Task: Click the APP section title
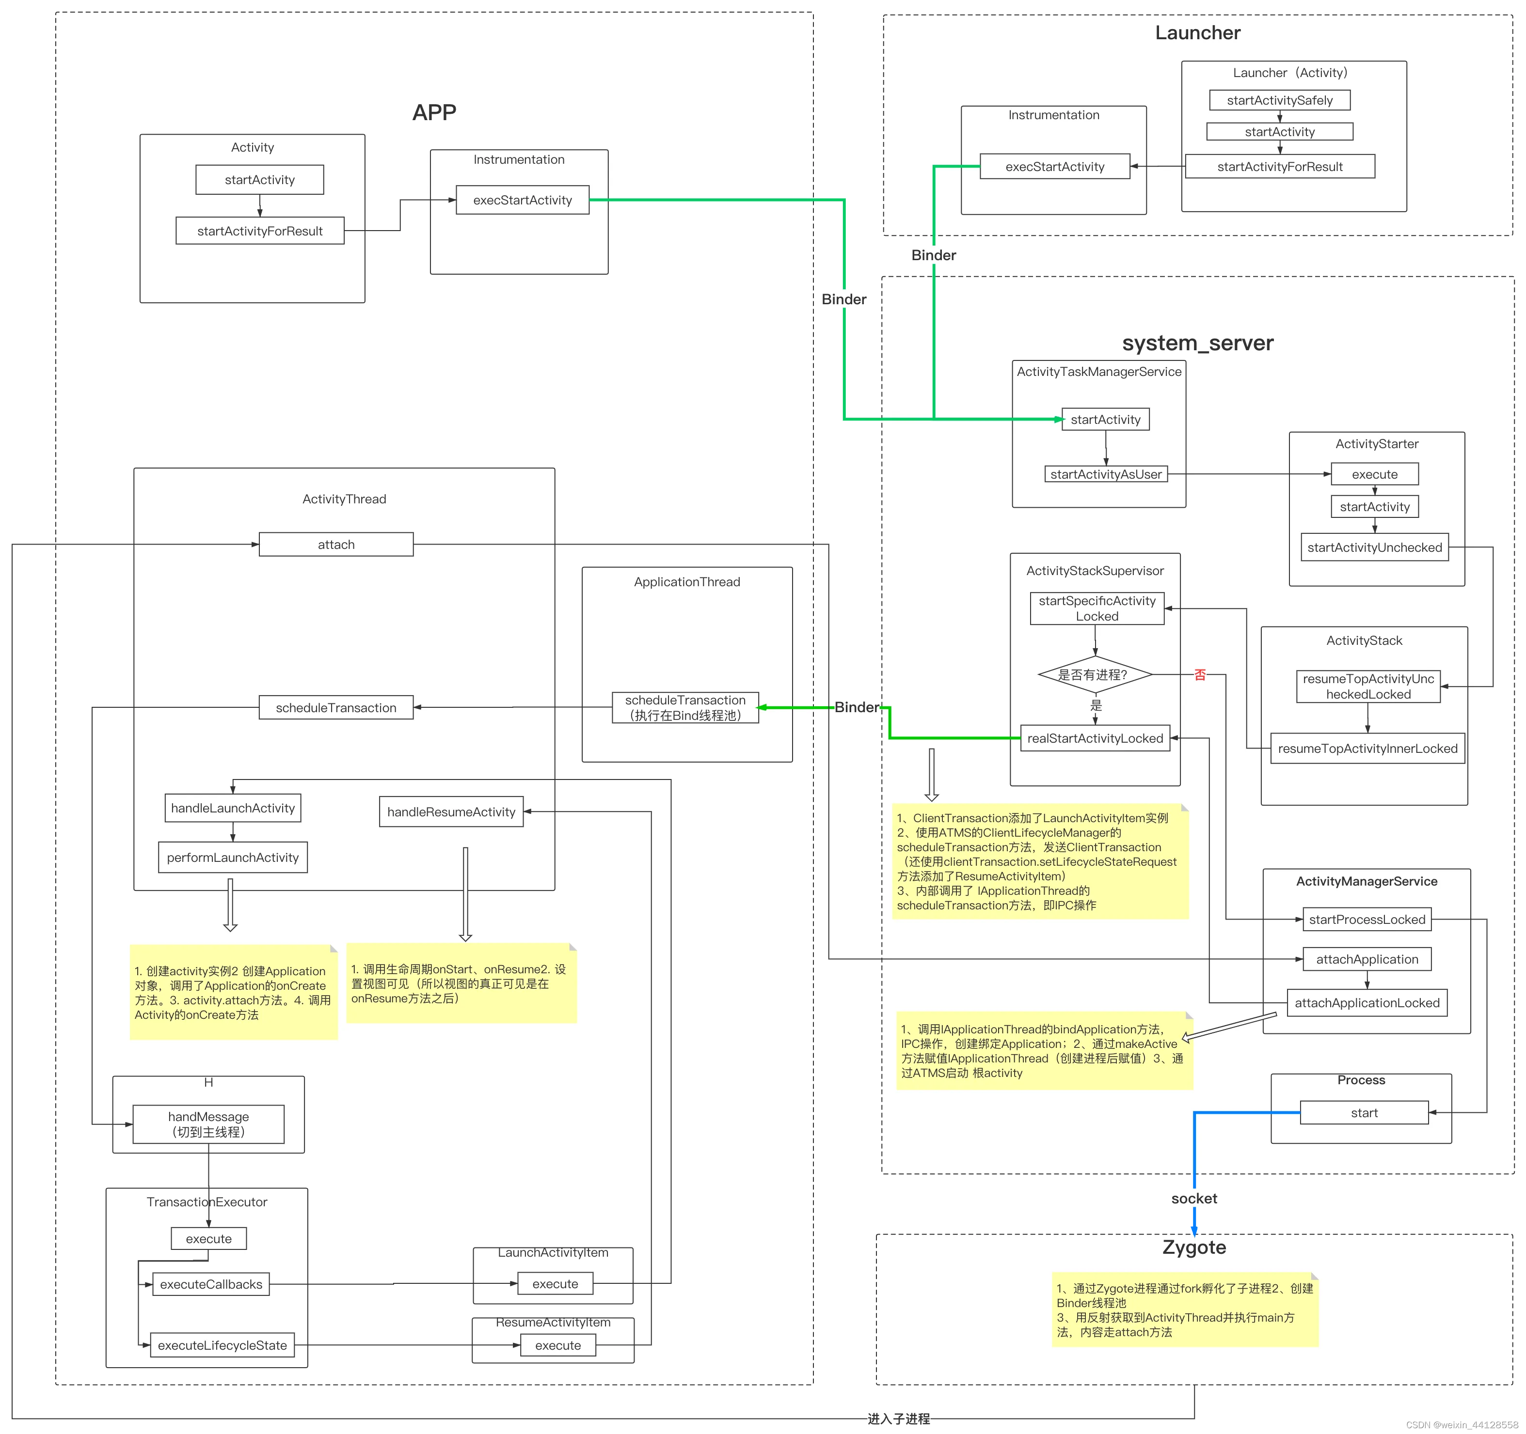[434, 113]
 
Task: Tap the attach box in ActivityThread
[336, 545]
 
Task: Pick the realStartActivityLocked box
[1095, 739]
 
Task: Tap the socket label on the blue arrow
[1193, 1199]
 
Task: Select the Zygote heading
[1193, 1247]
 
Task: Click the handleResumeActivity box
[451, 812]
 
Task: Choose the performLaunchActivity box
[233, 858]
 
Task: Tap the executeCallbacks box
[211, 1284]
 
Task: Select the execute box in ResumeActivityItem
[557, 1346]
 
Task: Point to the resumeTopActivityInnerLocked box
[1367, 749]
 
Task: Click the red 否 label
[1200, 675]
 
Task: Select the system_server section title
[1197, 343]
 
